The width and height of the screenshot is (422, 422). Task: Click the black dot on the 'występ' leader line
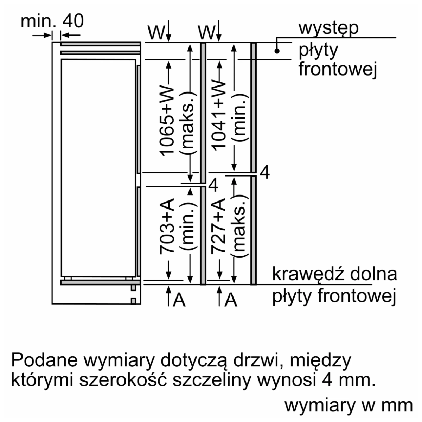click(x=277, y=51)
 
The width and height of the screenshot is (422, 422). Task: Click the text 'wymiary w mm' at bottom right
click(x=348, y=405)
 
